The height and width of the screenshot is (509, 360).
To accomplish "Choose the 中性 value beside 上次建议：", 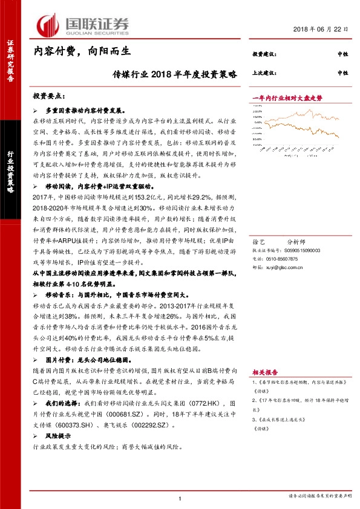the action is (x=342, y=73).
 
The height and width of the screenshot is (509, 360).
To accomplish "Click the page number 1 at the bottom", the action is (x=180, y=498).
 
